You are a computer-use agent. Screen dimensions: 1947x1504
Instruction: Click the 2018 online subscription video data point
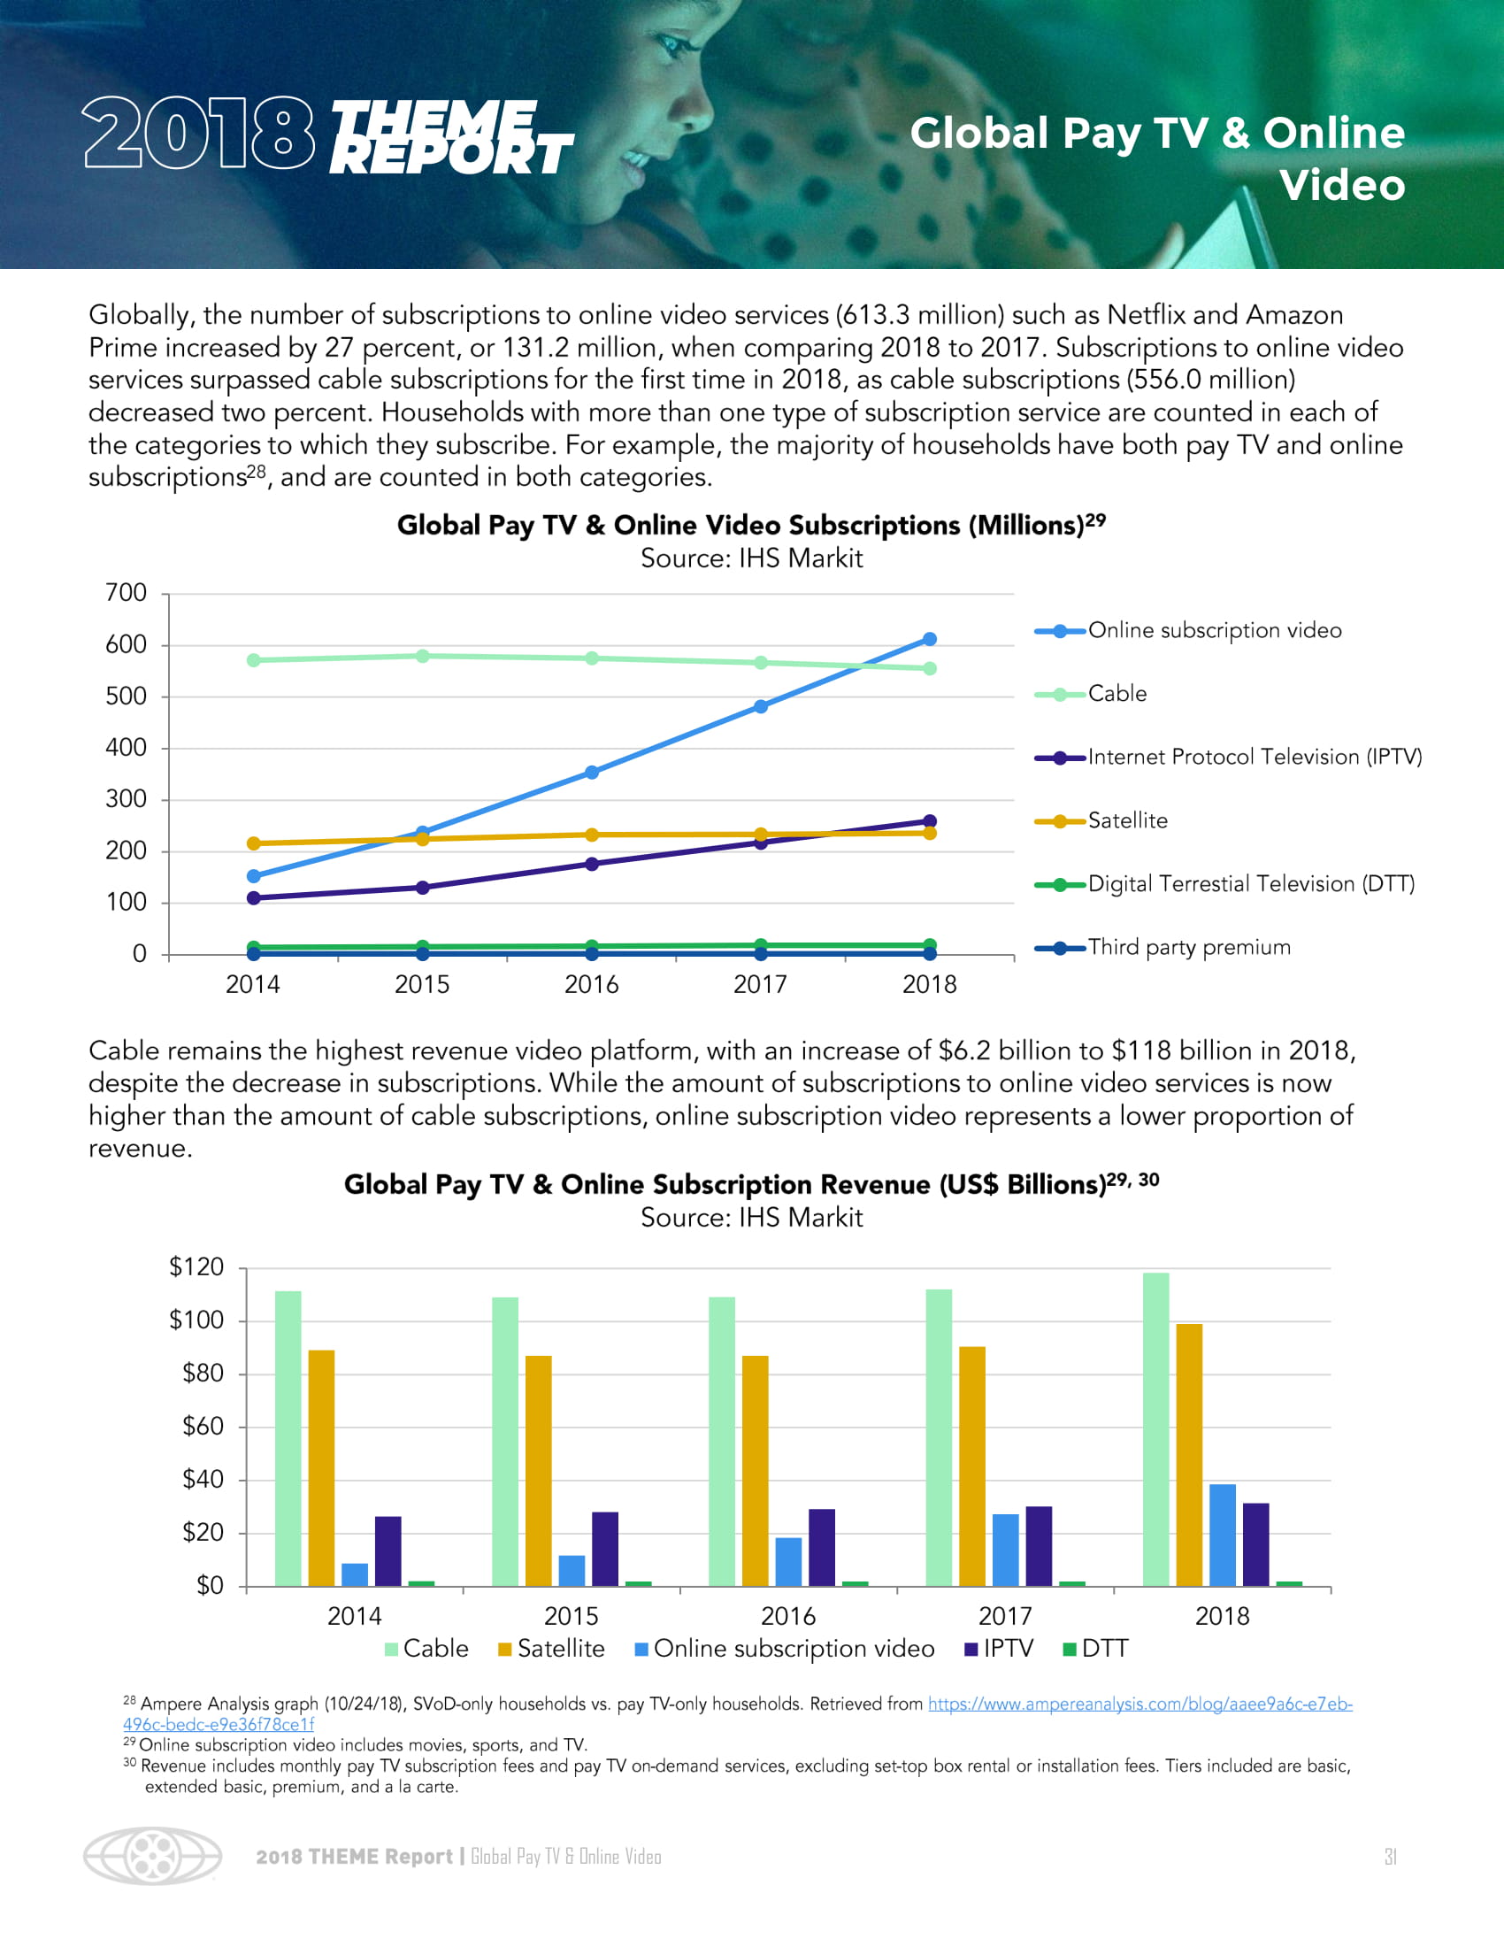tap(929, 639)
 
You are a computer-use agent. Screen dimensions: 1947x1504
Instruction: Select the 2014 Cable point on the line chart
tap(254, 660)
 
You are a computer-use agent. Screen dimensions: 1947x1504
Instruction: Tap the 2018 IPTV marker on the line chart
tap(929, 821)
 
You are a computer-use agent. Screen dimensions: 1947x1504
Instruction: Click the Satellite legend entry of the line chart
tap(1127, 820)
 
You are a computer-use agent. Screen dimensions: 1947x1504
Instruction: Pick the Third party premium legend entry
tap(1188, 947)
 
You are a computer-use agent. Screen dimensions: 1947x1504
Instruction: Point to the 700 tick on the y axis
tap(126, 593)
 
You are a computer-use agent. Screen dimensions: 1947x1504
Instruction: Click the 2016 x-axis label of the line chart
tap(591, 984)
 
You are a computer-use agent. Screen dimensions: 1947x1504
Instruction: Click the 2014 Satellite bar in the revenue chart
tap(321, 1468)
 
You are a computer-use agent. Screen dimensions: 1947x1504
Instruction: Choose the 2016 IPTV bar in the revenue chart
tap(822, 1548)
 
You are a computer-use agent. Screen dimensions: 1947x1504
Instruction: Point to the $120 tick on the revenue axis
tap(196, 1266)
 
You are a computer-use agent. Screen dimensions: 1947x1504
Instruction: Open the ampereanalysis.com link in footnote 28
tap(1140, 1704)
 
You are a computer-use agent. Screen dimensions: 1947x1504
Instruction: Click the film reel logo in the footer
tap(152, 1856)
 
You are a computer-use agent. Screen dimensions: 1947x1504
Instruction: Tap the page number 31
tap(1390, 1856)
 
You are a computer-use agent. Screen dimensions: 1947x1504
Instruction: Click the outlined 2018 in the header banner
tap(199, 134)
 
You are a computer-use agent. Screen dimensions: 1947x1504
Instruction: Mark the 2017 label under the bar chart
tap(1005, 1616)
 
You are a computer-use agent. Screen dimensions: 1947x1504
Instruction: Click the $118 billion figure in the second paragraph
tap(1198, 1050)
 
